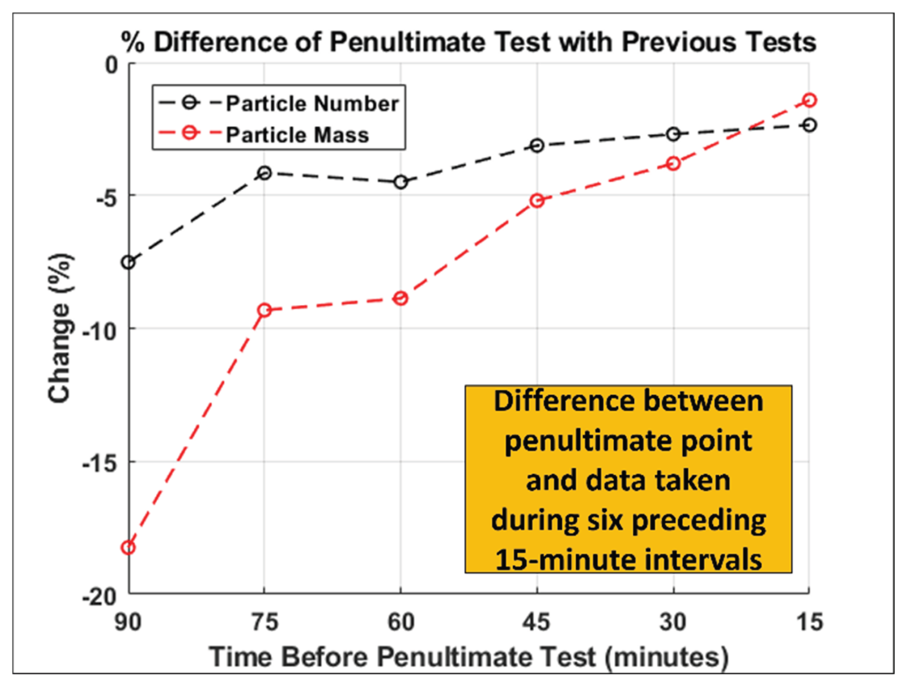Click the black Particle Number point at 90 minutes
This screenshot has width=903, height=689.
coord(129,262)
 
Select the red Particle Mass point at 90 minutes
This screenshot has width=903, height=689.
coord(129,547)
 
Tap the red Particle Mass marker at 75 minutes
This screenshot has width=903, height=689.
coord(265,310)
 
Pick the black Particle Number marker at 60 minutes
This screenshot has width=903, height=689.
coord(401,182)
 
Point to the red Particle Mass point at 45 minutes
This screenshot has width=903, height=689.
coord(537,201)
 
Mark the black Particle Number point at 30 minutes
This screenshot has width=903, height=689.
coord(673,134)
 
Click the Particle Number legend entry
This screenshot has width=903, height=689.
coord(312,104)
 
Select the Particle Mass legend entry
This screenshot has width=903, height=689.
coord(297,135)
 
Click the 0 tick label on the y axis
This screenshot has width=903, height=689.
coord(112,65)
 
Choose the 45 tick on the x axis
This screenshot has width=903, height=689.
coord(536,622)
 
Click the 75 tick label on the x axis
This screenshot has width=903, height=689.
coord(265,622)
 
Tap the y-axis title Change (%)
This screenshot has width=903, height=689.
coord(60,328)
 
